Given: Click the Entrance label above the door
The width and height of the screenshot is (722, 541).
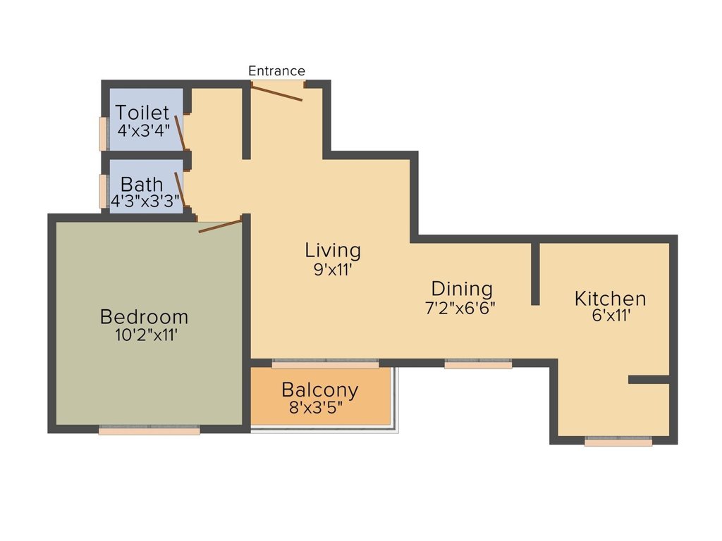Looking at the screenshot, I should tap(276, 71).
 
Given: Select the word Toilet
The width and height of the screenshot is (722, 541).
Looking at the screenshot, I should tap(143, 113).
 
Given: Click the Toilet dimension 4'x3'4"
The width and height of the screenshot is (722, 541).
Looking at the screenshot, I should tap(144, 130).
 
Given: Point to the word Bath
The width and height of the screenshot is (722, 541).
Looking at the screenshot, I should tap(141, 184).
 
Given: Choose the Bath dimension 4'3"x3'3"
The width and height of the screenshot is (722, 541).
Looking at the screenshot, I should tap(145, 200).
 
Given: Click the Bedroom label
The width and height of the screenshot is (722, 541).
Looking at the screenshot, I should tap(145, 316).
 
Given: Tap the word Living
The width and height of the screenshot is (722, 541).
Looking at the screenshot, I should tap(333, 250).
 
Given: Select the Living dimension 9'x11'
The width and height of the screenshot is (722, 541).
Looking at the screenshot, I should tap(333, 269).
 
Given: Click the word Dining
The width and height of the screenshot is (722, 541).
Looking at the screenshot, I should tap(462, 289).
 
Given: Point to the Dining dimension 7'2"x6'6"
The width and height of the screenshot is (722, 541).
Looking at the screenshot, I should tap(462, 308).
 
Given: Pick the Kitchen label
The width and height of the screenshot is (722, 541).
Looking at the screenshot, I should tap(610, 298).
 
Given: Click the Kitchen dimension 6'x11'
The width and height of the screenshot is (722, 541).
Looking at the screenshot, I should tap(611, 316).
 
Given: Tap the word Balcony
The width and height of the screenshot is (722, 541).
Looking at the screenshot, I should tap(319, 390).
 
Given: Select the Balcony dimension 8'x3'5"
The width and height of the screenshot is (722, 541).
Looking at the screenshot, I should tap(320, 408).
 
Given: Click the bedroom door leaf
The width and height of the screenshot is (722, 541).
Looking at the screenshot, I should tap(220, 225).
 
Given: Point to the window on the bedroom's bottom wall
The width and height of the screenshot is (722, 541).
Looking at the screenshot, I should tap(149, 430).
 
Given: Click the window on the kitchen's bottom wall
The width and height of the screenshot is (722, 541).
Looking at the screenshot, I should tap(618, 442).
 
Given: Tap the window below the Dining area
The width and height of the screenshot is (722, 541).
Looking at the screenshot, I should tap(478, 364).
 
